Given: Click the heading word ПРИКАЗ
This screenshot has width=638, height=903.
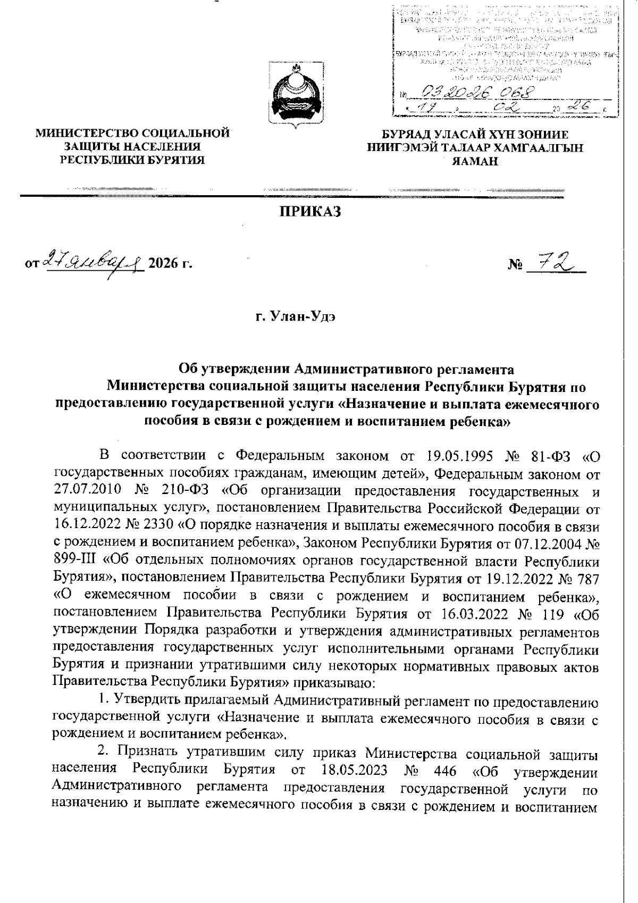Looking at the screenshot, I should pyautogui.click(x=310, y=212).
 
